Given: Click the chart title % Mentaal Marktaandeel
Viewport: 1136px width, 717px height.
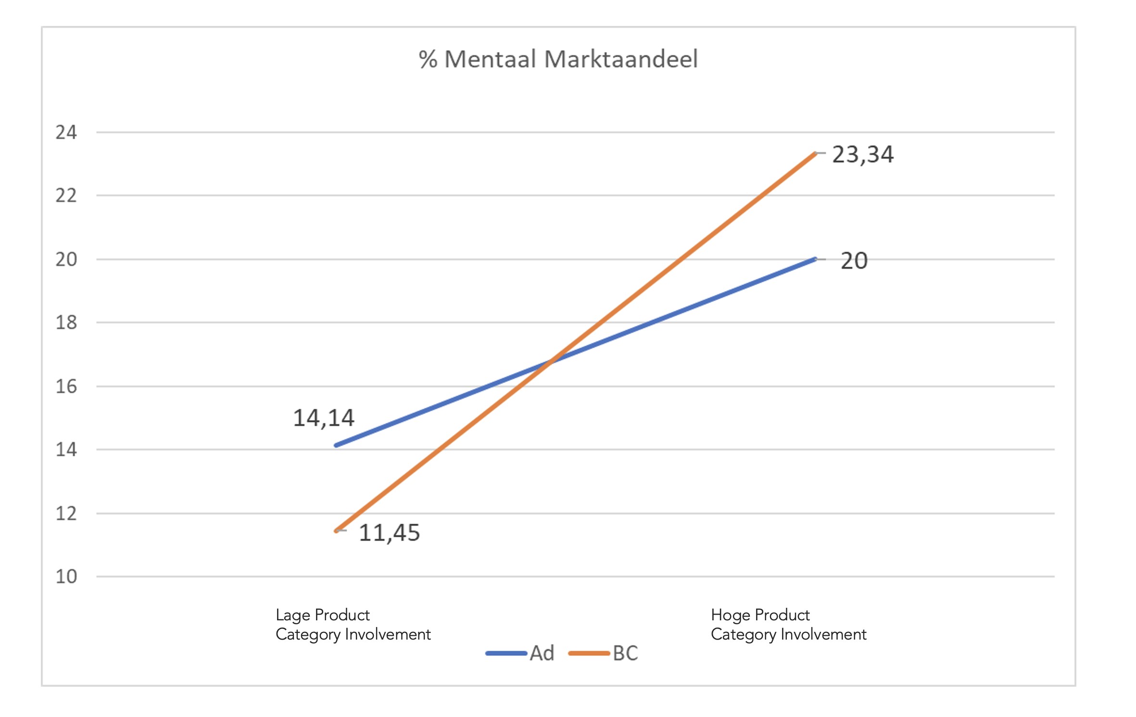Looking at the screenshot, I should [558, 60].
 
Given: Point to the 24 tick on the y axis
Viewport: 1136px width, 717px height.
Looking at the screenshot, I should [66, 132].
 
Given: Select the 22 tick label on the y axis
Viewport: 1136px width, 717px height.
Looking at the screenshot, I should [66, 196].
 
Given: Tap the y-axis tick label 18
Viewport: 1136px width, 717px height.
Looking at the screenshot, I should [66, 323].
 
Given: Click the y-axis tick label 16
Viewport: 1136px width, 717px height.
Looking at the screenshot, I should [66, 386].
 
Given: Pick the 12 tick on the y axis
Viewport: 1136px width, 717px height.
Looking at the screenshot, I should [66, 514].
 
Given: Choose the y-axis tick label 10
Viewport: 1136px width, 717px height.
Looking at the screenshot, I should [66, 577].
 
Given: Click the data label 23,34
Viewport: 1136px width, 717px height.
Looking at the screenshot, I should [863, 155].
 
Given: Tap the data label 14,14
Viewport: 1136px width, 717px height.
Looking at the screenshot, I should [324, 418].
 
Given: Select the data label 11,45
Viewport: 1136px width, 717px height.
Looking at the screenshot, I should [390, 533].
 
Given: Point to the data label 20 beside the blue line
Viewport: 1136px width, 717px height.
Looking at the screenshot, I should [854, 261].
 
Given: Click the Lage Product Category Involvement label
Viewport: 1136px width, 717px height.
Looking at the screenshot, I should [353, 625].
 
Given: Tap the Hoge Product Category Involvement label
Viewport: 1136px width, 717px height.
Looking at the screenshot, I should [788, 625].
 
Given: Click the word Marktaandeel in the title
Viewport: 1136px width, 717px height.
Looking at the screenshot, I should [620, 60].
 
